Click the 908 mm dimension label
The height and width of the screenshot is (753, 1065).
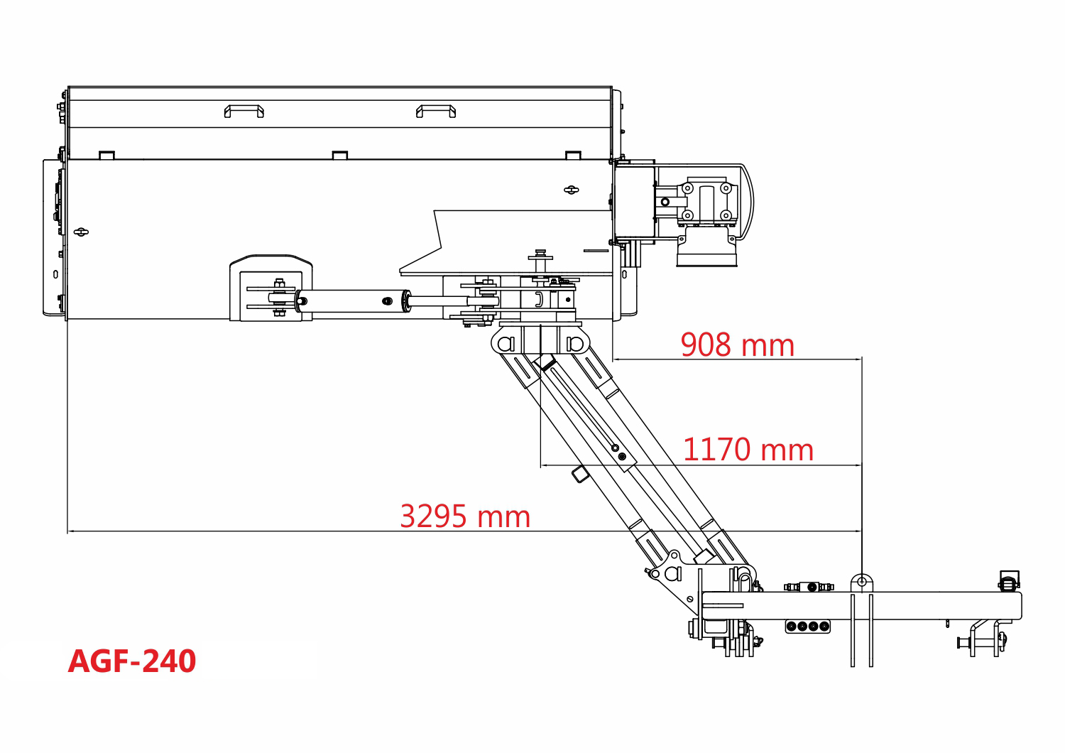pyautogui.click(x=738, y=345)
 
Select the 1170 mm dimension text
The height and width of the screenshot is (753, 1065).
pyautogui.click(x=748, y=450)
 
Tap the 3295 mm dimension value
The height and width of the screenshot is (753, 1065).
pyautogui.click(x=465, y=516)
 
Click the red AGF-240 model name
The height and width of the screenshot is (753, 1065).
pyautogui.click(x=131, y=661)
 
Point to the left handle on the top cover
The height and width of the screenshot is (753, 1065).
pyautogui.click(x=244, y=112)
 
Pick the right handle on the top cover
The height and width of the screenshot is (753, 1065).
pyautogui.click(x=436, y=112)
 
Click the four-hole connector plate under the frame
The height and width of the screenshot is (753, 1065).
pyautogui.click(x=808, y=626)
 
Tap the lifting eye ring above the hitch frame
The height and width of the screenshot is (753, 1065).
pyautogui.click(x=861, y=583)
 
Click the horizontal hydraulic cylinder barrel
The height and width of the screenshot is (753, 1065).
pyautogui.click(x=353, y=300)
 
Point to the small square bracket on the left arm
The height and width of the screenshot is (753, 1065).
pyautogui.click(x=580, y=475)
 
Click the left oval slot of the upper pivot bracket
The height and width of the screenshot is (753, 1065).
pyautogui.click(x=506, y=343)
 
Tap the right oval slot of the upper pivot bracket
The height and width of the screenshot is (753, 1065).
pyautogui.click(x=575, y=343)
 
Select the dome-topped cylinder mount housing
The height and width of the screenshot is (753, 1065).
pyautogui.click(x=271, y=288)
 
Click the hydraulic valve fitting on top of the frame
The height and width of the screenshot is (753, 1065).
pyautogui.click(x=809, y=587)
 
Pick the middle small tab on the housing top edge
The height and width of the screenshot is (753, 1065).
pyautogui.click(x=340, y=155)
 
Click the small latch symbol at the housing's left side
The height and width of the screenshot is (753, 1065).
pyautogui.click(x=82, y=232)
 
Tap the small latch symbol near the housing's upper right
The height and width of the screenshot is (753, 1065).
pyautogui.click(x=572, y=190)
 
